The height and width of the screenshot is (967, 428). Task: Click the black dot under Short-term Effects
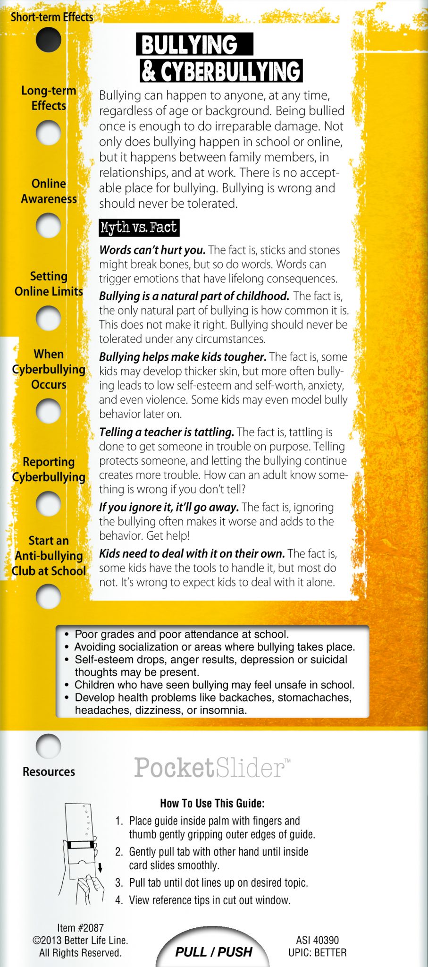[x=48, y=40]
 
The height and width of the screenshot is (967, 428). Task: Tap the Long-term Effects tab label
[x=49, y=98]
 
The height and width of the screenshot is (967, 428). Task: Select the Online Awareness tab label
[x=49, y=191]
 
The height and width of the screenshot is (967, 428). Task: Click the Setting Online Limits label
[x=49, y=284]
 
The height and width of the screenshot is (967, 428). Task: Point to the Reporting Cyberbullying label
[x=49, y=469]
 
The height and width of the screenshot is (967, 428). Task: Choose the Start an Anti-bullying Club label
[x=49, y=556]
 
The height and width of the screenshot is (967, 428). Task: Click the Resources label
[x=49, y=772]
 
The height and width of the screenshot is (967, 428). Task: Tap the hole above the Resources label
[x=48, y=746]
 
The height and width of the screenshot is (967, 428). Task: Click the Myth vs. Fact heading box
[x=139, y=228]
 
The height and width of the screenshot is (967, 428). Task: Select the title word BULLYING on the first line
[x=190, y=45]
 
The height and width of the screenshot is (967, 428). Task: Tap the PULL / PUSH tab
[x=213, y=951]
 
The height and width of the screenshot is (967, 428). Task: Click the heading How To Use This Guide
[x=212, y=803]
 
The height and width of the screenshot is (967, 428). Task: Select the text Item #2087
[x=80, y=928]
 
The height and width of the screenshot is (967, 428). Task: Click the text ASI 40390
[x=317, y=940]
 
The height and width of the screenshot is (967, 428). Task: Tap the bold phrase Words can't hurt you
[x=152, y=250]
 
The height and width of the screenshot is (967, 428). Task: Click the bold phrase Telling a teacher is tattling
[x=167, y=432]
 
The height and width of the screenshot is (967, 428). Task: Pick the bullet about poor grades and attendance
[x=181, y=634]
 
